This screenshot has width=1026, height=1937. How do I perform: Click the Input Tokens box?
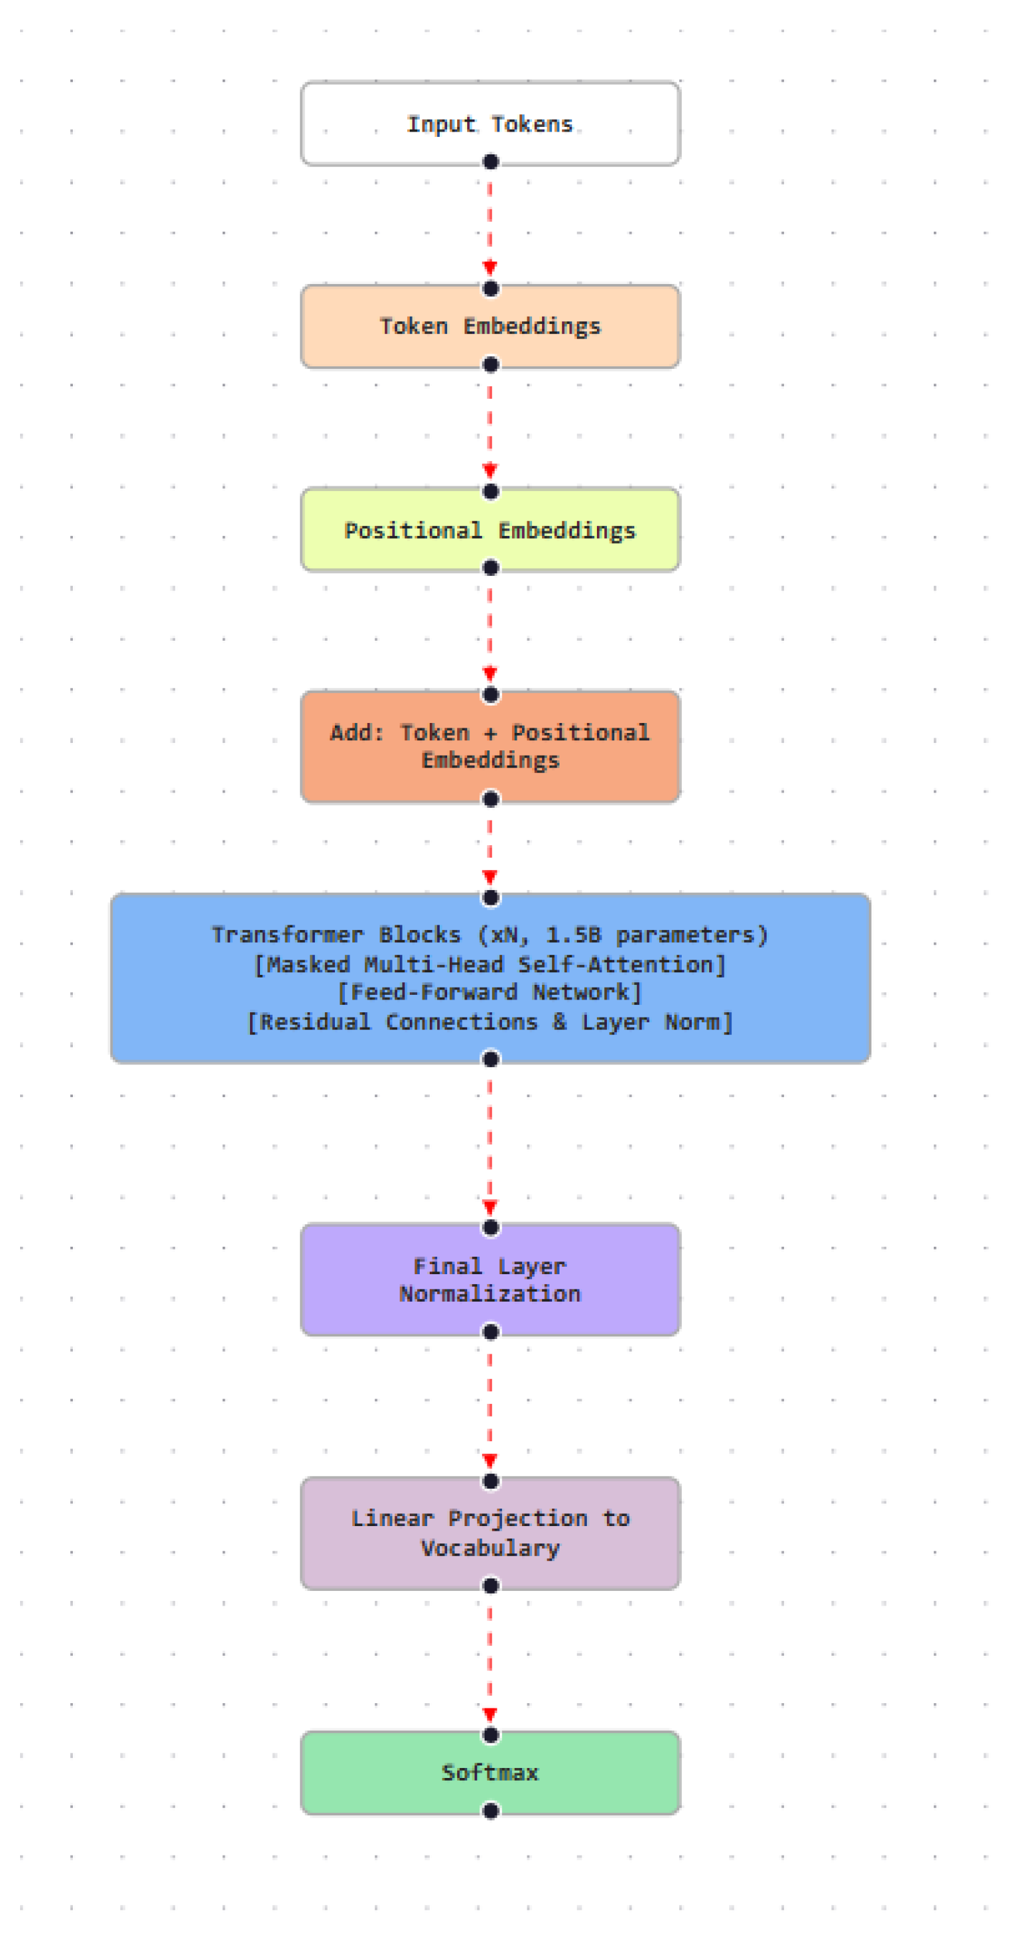pos(490,124)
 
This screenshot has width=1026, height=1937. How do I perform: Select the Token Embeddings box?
pos(490,326)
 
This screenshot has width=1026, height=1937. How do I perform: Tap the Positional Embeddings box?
pos(490,530)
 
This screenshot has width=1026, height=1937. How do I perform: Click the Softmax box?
pos(490,1773)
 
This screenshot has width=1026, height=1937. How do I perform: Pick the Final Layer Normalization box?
pos(490,1280)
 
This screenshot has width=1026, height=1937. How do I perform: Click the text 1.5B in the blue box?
pos(573,935)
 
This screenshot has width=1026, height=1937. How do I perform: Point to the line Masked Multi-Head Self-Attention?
pos(490,964)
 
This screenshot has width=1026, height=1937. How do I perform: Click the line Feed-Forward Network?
pos(490,993)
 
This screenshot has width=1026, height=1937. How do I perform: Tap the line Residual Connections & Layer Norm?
pos(490,1022)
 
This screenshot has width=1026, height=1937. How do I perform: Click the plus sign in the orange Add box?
pos(491,733)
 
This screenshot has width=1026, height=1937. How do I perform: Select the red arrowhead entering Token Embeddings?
pos(490,269)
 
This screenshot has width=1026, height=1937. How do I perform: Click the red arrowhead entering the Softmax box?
pos(490,1715)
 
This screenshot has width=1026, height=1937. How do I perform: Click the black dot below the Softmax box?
pos(491,1811)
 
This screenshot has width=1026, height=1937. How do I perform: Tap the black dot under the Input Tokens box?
pos(491,162)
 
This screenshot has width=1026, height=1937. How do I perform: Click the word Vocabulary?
pos(490,1547)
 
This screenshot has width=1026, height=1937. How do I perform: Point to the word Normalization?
pos(490,1294)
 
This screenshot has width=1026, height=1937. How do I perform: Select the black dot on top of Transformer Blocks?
pos(491,898)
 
